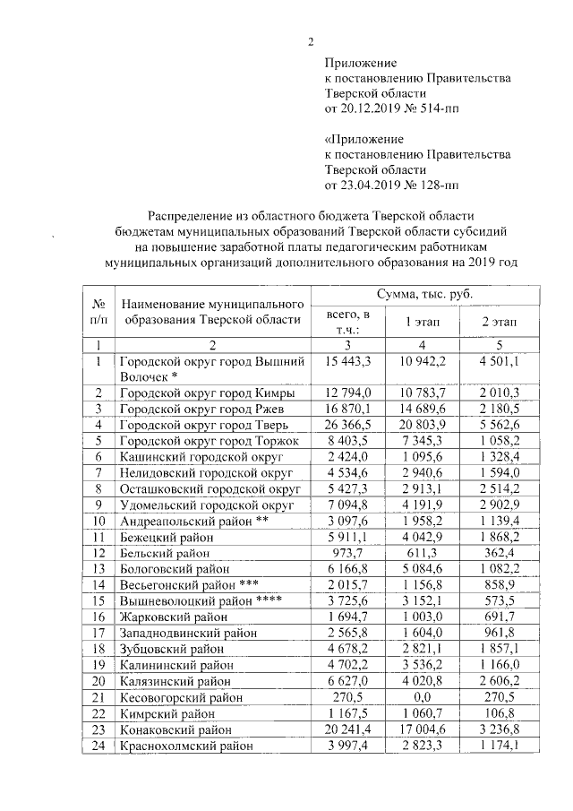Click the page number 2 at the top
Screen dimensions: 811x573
click(x=312, y=41)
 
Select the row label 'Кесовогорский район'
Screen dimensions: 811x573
click(x=180, y=696)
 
